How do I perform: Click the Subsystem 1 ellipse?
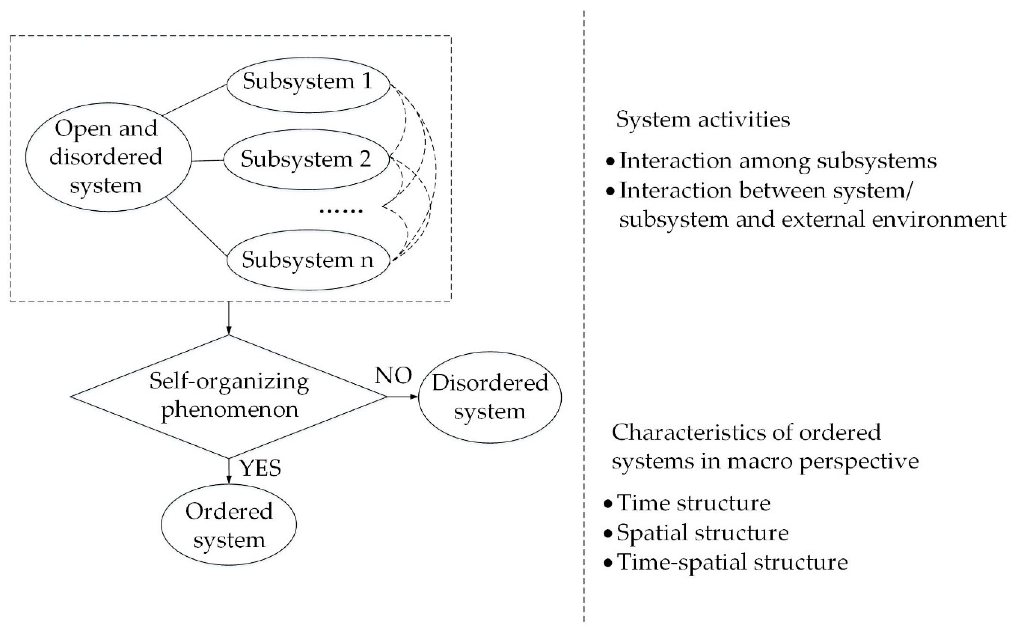[x=308, y=85]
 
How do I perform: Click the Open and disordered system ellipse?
[x=108, y=157]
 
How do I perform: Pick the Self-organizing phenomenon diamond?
[x=229, y=396]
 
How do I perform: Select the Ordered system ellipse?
[x=229, y=525]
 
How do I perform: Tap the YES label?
[x=260, y=468]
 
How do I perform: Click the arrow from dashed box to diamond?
[x=229, y=318]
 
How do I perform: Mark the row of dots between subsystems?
[x=341, y=211]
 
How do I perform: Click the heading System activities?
[x=703, y=120]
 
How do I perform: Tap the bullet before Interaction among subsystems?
[x=611, y=161]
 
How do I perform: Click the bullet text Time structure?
[x=693, y=503]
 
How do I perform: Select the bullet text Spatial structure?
[x=702, y=533]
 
